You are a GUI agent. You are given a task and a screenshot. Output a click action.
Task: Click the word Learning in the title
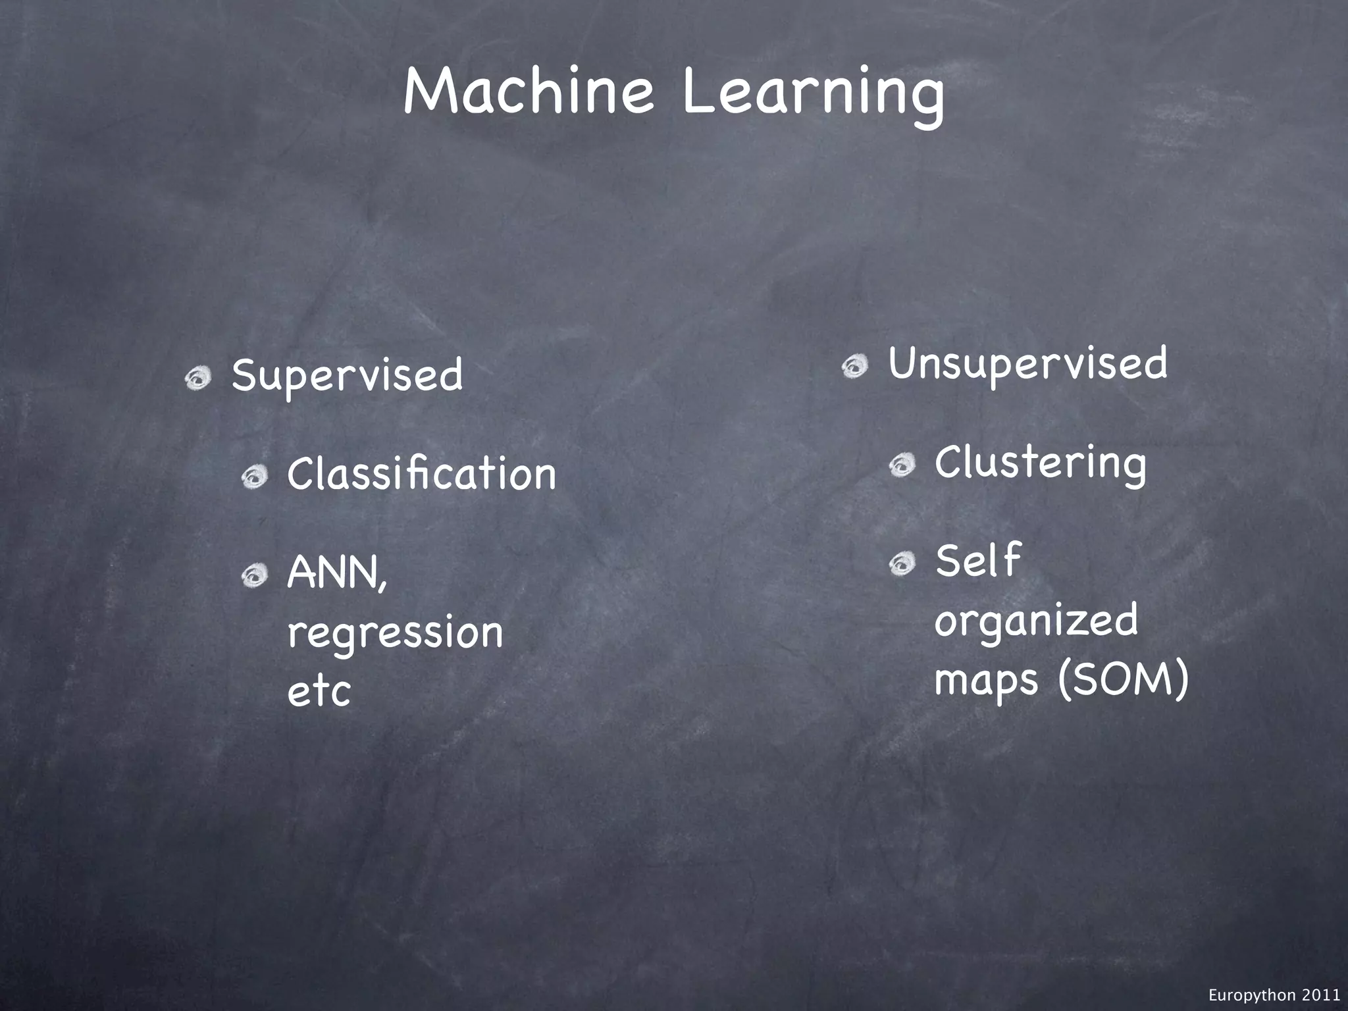click(814, 96)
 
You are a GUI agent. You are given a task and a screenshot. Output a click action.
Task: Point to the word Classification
click(421, 474)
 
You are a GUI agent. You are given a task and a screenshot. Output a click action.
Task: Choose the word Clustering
click(1040, 463)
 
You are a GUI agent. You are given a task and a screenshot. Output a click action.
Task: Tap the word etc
click(319, 691)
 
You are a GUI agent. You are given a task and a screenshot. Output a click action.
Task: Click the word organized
click(1036, 621)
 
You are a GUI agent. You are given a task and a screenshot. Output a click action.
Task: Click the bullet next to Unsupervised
click(854, 366)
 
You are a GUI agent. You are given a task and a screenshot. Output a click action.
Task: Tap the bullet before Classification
click(253, 477)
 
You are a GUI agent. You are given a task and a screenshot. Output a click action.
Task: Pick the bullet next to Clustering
click(901, 466)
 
